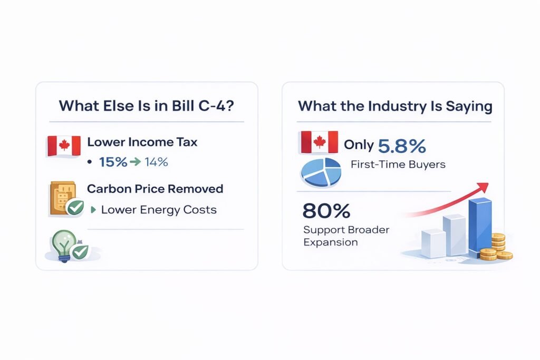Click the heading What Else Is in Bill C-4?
(147, 105)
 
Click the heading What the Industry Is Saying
(395, 105)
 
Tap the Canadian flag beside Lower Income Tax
(64, 146)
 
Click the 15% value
(113, 162)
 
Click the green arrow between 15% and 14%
(134, 162)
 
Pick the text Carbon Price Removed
(155, 189)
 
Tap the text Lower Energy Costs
(159, 210)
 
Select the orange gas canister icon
(61, 198)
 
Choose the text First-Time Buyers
(398, 164)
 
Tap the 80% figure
(326, 211)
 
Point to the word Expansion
(331, 242)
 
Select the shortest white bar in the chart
(433, 244)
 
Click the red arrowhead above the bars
(483, 188)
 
